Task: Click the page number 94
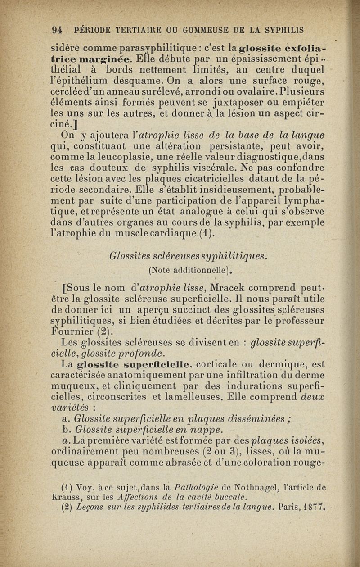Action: (x=57, y=30)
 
